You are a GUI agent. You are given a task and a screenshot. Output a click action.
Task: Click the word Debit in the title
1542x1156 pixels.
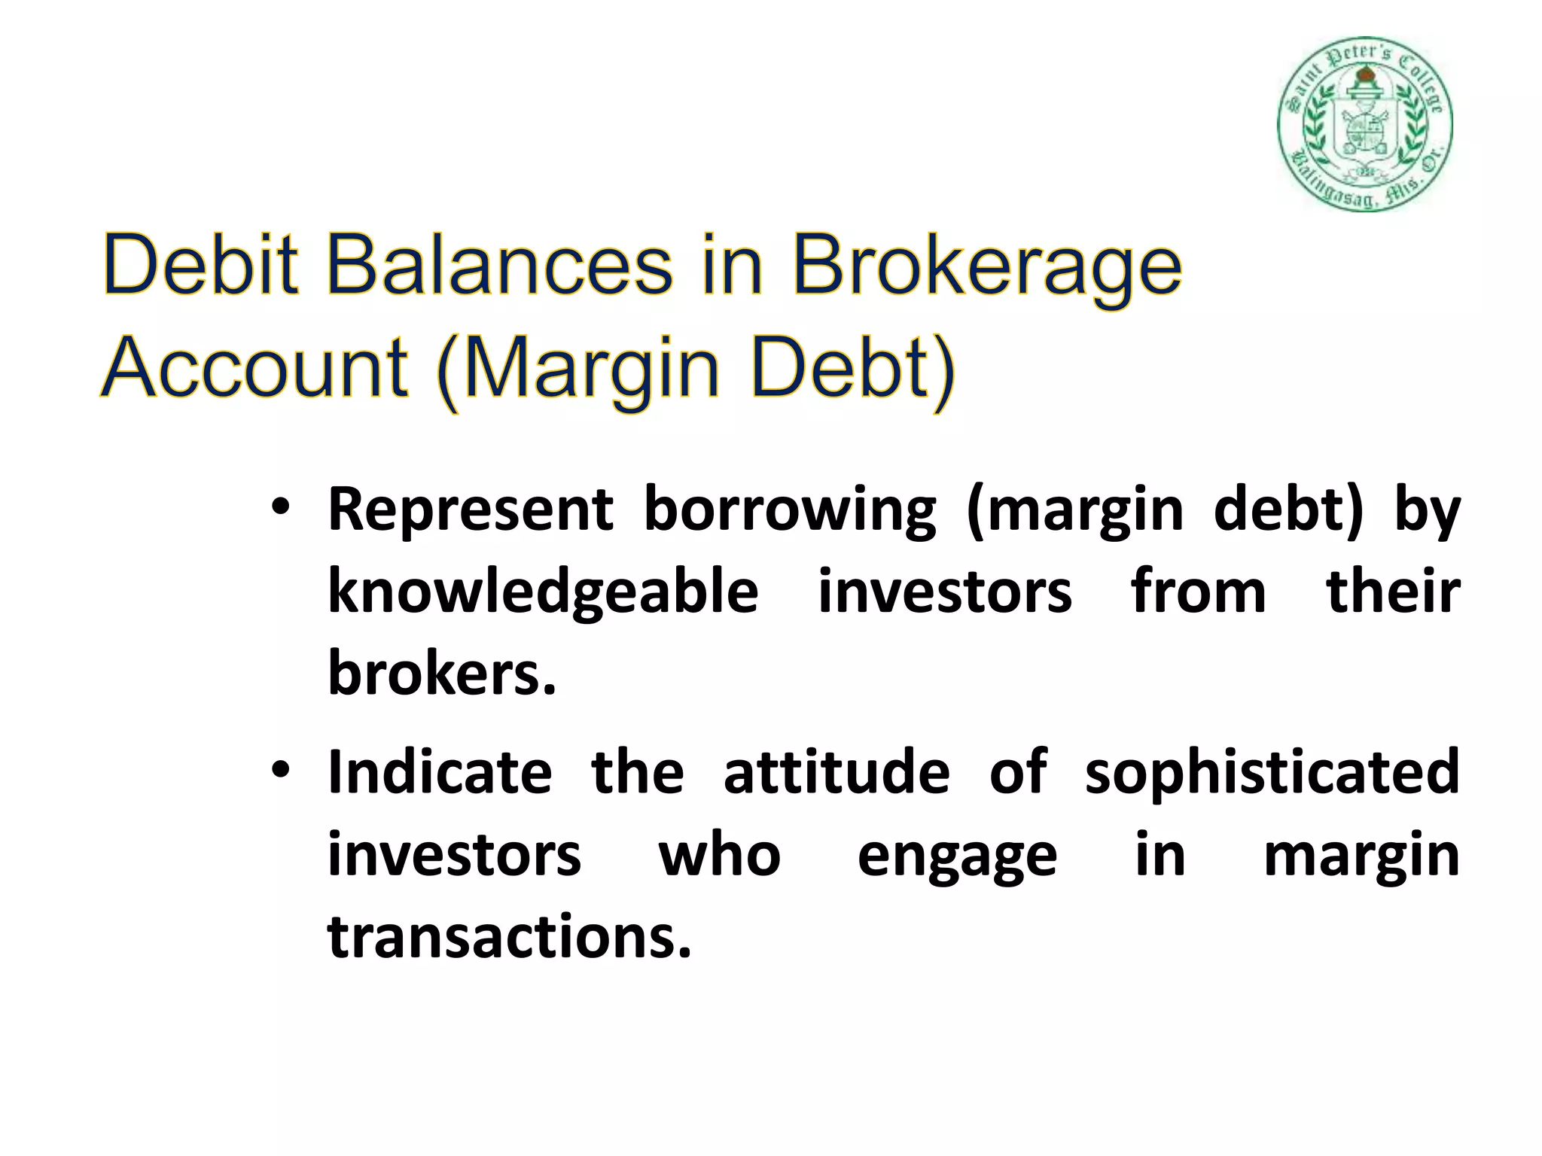(x=200, y=266)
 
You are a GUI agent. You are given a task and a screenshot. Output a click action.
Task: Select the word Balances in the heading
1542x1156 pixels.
(x=499, y=266)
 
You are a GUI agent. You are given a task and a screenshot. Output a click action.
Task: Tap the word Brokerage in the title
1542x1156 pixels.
(x=987, y=266)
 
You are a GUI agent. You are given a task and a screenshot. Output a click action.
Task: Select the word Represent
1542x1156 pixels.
(x=471, y=510)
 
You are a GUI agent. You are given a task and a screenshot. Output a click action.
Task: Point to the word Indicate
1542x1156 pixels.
(x=440, y=773)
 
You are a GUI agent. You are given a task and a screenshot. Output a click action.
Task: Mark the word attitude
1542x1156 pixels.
(x=837, y=773)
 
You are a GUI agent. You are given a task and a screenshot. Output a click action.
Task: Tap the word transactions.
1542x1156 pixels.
(x=509, y=937)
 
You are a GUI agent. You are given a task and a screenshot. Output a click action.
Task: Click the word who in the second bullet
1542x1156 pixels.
(x=720, y=855)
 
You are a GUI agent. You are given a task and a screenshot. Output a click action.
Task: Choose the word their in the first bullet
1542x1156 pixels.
(x=1393, y=592)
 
